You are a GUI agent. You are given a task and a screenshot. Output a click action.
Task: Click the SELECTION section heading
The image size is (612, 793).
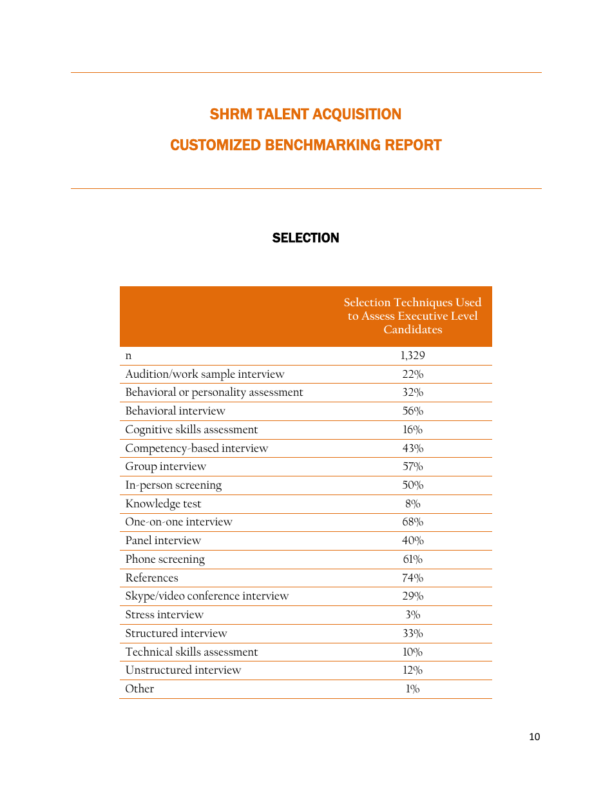(x=305, y=238)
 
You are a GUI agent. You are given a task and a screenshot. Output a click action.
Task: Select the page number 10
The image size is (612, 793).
(x=534, y=737)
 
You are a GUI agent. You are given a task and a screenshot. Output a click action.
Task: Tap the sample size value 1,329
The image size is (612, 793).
(x=412, y=355)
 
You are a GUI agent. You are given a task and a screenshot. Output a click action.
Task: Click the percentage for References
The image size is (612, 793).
(x=412, y=578)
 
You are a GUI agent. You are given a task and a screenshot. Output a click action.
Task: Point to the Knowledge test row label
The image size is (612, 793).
(x=163, y=504)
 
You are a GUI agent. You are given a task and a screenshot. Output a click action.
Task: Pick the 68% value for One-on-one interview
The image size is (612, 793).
(x=412, y=522)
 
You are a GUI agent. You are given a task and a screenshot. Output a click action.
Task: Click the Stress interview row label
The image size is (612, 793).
(x=164, y=614)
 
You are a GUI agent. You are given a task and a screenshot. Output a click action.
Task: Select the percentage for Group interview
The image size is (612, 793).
(x=412, y=466)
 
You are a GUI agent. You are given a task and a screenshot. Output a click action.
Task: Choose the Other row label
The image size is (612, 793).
(x=140, y=689)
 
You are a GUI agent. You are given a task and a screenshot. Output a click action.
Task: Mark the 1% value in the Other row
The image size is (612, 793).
(x=412, y=689)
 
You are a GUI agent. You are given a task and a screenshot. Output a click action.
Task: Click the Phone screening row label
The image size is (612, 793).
(x=165, y=559)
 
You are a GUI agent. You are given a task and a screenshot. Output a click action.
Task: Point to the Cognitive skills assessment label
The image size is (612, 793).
(x=191, y=429)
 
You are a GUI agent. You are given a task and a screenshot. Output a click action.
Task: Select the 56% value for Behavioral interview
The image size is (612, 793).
(x=412, y=411)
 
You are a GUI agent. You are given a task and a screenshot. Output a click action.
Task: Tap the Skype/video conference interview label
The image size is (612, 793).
(x=207, y=596)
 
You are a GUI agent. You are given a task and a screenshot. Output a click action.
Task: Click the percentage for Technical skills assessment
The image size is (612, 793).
(x=412, y=652)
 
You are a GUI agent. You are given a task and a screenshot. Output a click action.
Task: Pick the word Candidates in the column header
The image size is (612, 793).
(x=412, y=329)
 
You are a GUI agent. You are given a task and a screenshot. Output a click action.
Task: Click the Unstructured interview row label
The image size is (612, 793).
(x=183, y=670)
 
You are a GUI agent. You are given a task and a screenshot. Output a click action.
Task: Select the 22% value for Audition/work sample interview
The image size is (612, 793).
(x=412, y=374)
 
